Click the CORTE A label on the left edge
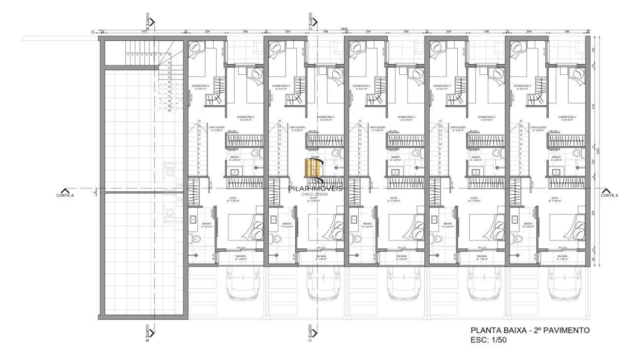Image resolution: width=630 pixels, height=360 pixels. pyautogui.click(x=65, y=195)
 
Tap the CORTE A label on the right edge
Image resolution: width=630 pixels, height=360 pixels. pyautogui.click(x=609, y=195)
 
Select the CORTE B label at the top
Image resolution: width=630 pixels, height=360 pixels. pyautogui.click(x=148, y=20)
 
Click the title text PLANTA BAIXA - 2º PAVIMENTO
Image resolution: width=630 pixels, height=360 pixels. pyautogui.click(x=530, y=330)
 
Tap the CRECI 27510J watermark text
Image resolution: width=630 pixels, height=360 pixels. pyautogui.click(x=315, y=194)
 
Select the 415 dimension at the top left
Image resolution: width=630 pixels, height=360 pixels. pyautogui.click(x=144, y=31)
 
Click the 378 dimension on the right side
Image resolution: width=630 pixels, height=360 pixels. pyautogui.click(x=594, y=213)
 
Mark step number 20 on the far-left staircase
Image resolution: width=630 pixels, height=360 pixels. pyautogui.click(x=169, y=111)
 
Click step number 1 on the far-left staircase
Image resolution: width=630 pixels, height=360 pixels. pyautogui.click(x=127, y=55)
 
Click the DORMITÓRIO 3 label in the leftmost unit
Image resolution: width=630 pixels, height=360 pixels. pyautogui.click(x=201, y=87)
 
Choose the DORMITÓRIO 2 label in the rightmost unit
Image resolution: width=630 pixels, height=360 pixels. pyautogui.click(x=567, y=118)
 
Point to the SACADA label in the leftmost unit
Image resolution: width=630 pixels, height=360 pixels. pyautogui.click(x=240, y=256)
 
